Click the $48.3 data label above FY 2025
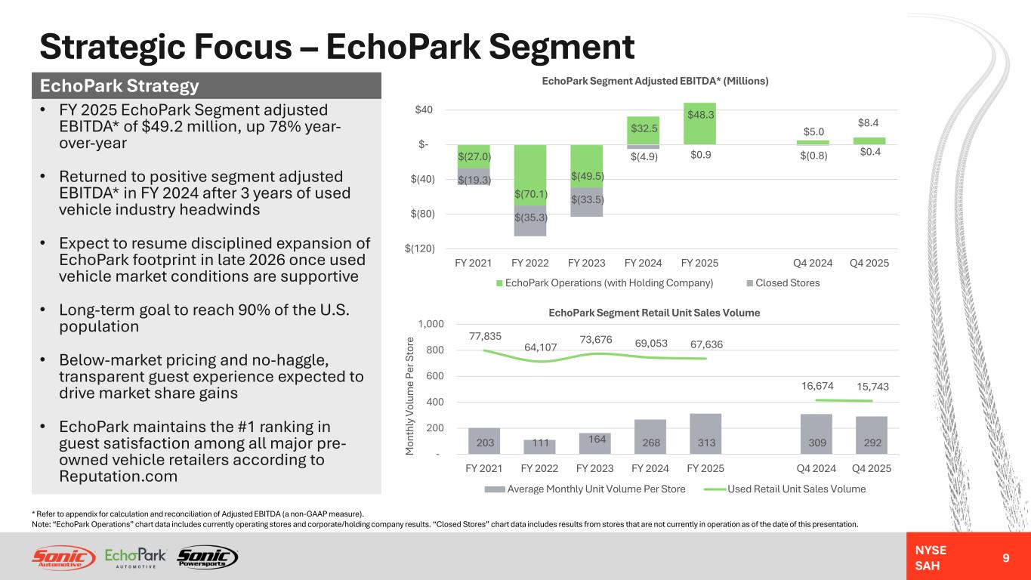coord(699,115)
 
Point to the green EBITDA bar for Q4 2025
coord(869,140)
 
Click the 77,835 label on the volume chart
coord(484,336)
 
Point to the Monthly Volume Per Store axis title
coord(409,395)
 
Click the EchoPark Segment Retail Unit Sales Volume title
coord(654,312)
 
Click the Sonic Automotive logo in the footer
coord(63,557)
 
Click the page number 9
coord(1005,558)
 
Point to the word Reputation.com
coord(118,477)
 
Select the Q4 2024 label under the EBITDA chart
coord(812,263)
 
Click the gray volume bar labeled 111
coord(539,446)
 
